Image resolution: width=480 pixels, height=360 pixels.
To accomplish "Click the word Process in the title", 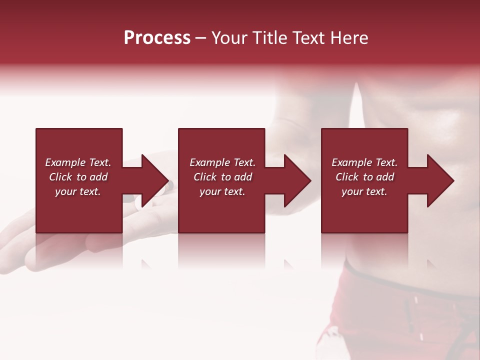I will [157, 38].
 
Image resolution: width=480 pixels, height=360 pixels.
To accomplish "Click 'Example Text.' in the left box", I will [78, 162].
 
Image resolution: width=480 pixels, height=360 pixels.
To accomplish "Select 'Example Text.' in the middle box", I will [222, 162].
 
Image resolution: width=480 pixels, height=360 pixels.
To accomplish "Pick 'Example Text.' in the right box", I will [364, 162].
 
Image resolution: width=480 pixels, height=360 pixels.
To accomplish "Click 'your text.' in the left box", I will [78, 191].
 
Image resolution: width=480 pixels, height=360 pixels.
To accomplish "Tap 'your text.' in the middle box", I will [222, 191].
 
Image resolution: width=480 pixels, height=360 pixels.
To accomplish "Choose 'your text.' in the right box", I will [364, 191].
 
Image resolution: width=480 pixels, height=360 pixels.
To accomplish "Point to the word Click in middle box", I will [205, 177].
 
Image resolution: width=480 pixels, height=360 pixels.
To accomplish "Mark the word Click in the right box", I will [347, 177].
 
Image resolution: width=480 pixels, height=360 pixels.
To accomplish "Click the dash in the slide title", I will [200, 38].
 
